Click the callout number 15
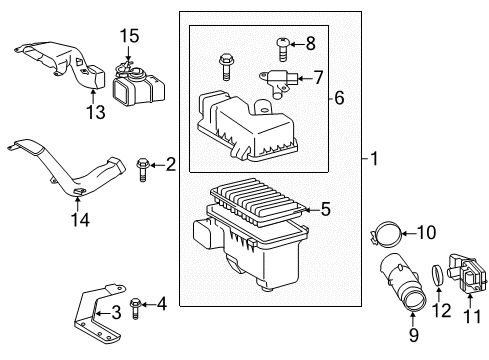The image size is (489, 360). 126,36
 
